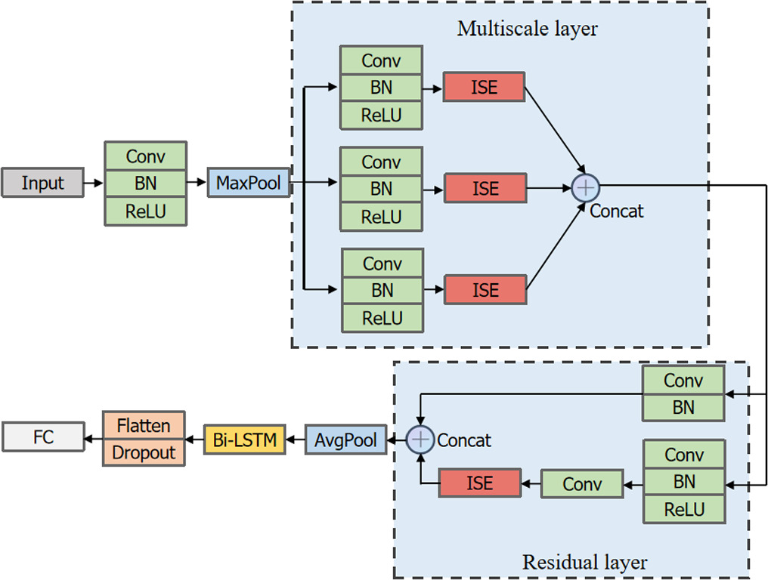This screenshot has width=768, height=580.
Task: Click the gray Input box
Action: click(42, 184)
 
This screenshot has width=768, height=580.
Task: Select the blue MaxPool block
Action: click(249, 184)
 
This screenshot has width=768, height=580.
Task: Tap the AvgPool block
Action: click(345, 440)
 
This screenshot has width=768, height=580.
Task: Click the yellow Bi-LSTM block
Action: click(244, 440)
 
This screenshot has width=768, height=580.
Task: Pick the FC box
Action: click(43, 437)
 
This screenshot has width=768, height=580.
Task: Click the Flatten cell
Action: click(144, 426)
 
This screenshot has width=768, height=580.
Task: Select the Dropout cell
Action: click(144, 452)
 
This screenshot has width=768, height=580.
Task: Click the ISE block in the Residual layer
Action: click(480, 483)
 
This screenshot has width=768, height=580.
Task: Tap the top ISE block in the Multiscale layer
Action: click(484, 87)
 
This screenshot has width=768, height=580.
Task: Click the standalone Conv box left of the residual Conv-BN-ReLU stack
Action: click(582, 484)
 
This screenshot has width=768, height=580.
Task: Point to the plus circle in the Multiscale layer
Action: click(585, 186)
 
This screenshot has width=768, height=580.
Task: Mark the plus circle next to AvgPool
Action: click(420, 440)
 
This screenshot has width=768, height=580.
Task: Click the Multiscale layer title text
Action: click(527, 29)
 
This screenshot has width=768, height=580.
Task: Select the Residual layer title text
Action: click(584, 563)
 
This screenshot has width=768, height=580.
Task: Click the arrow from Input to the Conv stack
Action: click(94, 184)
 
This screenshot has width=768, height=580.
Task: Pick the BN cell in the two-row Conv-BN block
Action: click(683, 407)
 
